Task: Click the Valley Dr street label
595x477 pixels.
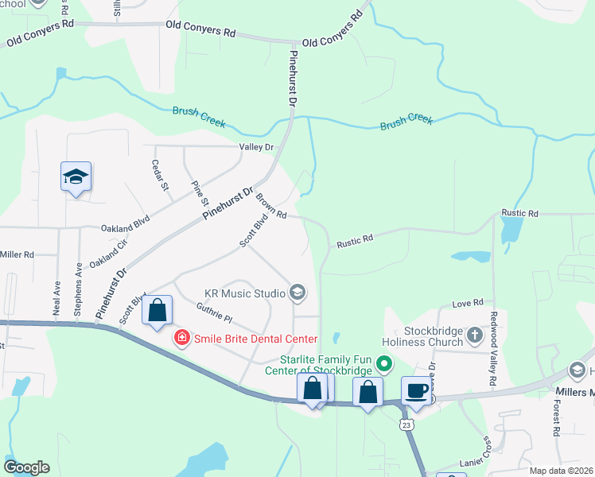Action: [256, 147]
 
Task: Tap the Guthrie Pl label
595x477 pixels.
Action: [213, 313]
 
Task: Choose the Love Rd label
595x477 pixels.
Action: [468, 303]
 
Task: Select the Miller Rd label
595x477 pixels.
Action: [17, 254]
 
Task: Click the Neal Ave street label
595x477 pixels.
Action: [56, 297]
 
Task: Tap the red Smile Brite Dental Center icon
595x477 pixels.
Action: [181, 339]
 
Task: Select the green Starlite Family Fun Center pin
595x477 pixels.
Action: [386, 365]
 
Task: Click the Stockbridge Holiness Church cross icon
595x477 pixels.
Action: [475, 334]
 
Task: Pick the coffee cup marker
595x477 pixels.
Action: [417, 391]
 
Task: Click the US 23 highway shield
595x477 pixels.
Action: [406, 426]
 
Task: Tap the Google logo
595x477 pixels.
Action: [26, 467]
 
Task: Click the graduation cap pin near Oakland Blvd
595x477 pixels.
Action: [76, 176]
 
